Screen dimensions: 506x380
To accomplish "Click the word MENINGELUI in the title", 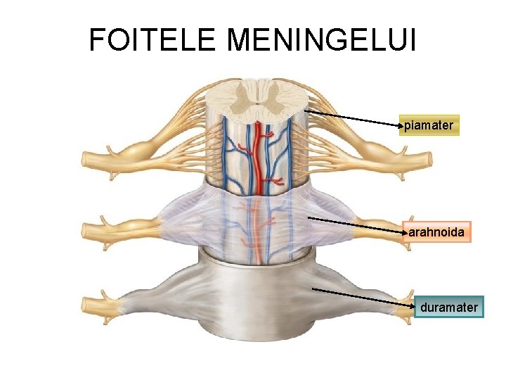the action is (323, 40).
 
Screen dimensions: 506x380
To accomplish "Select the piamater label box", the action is (429, 125).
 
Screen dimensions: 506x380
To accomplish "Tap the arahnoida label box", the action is (436, 231).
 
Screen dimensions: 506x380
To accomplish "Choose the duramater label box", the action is (449, 307).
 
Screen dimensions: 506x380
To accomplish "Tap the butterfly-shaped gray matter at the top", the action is (257, 95).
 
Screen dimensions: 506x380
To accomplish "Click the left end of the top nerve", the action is (88, 159).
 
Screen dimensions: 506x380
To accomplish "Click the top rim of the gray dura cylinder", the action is (257, 252).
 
